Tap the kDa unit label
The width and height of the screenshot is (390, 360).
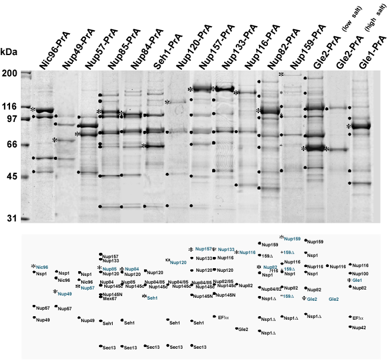pos(9,52)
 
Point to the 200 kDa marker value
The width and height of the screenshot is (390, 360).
pos(9,73)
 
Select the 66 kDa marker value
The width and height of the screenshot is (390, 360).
pos(12,144)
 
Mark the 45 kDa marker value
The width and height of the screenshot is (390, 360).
pos(12,176)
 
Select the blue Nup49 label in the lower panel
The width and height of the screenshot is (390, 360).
pos(65,293)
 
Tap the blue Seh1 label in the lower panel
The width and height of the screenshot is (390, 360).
pos(153,297)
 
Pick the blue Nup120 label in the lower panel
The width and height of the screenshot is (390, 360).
pos(178,262)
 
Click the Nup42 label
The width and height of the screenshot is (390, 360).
pos(359,327)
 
